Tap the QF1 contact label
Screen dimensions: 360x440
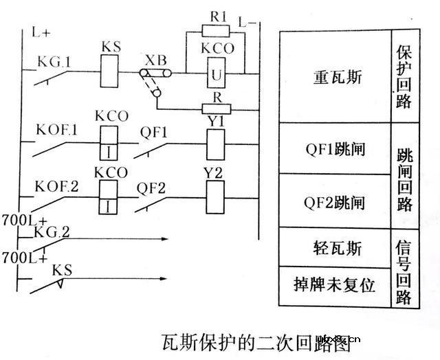coord(153,130)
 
